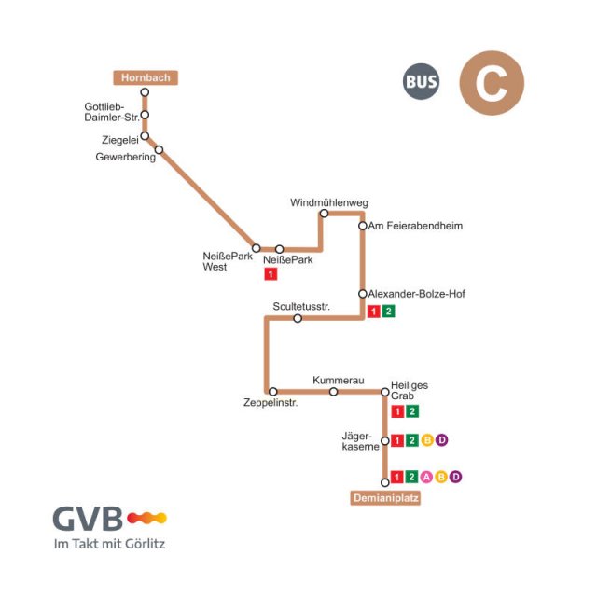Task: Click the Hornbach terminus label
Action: pos(145,77)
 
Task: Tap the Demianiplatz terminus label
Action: pos(385,498)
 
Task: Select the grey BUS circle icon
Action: pos(421,82)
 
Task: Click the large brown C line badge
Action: pos(492,83)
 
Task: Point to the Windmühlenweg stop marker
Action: pos(325,214)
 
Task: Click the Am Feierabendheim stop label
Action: pos(415,226)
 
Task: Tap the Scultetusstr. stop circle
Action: pos(298,318)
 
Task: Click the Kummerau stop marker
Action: pos(333,392)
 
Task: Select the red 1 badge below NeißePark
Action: pos(271,274)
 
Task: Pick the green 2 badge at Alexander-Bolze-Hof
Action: pos(389,312)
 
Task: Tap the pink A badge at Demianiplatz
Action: pos(426,477)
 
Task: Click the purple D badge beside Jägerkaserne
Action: pos(442,440)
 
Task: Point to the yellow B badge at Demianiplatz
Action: pos(441,477)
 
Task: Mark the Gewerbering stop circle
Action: pos(160,149)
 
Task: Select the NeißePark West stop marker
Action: pos(257,248)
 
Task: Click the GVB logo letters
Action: pos(88,518)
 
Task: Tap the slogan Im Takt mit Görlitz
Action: pos(109,543)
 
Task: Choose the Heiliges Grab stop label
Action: pos(410,390)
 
